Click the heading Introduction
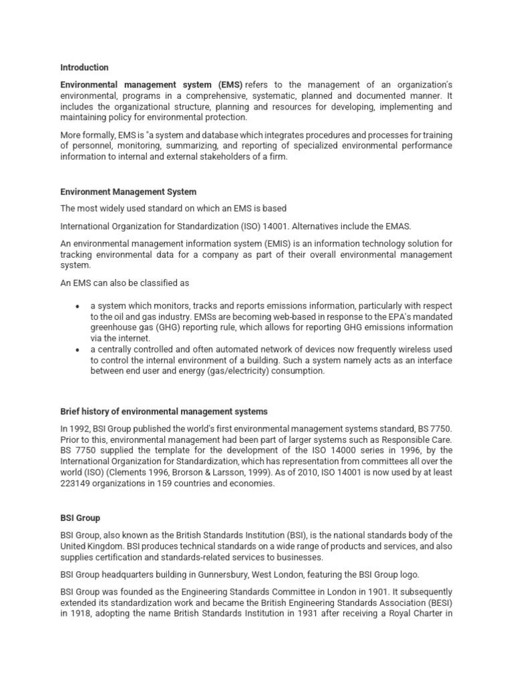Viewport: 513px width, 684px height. (84, 67)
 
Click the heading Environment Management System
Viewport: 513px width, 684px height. (128, 192)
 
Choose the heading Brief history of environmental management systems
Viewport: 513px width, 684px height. (164, 411)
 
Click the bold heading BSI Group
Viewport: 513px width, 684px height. (80, 518)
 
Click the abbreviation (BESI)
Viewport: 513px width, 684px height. (439, 603)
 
